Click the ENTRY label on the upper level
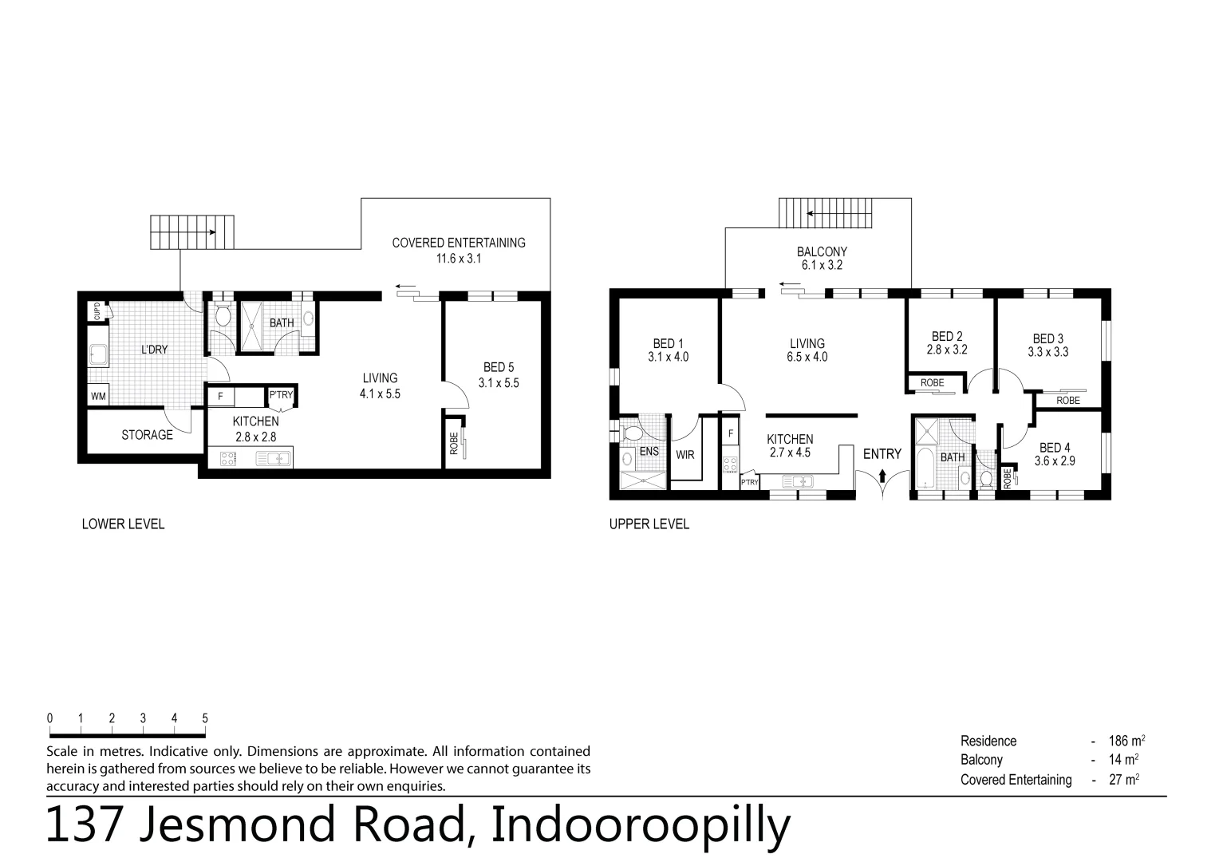point(882,454)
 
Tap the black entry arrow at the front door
point(882,476)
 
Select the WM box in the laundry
point(98,396)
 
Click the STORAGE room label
point(147,435)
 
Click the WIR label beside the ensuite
point(684,455)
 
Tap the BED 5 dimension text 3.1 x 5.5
point(499,382)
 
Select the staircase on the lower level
point(192,232)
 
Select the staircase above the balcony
point(826,213)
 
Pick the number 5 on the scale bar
point(205,718)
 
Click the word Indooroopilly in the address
point(640,825)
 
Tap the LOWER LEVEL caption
point(123,524)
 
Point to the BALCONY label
point(822,251)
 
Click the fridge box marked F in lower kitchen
point(221,395)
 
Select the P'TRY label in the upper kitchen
point(749,482)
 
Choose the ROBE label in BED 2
point(932,383)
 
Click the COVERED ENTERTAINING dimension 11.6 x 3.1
point(459,259)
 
